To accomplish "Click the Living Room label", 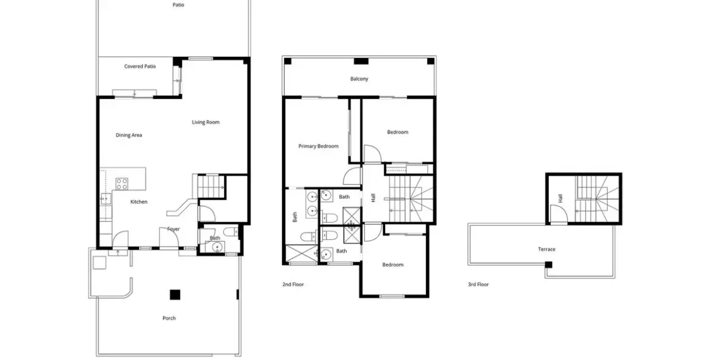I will click(x=206, y=122).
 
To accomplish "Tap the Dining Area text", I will click(x=129, y=135).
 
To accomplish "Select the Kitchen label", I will click(x=139, y=201).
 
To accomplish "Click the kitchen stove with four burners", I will click(x=122, y=182).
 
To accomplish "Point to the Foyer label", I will click(x=173, y=229).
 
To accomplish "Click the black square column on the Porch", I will click(x=175, y=295).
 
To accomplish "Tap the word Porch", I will click(x=169, y=318).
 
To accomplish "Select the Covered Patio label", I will click(x=140, y=66).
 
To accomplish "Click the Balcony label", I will click(x=359, y=79).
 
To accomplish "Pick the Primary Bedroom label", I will click(x=318, y=146).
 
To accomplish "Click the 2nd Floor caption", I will click(x=293, y=284).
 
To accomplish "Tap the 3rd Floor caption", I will click(x=478, y=284).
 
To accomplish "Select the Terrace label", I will click(x=546, y=249).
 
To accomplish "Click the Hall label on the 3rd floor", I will click(x=560, y=198).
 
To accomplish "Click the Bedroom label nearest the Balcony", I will click(x=397, y=132).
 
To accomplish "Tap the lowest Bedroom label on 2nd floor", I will click(x=392, y=264).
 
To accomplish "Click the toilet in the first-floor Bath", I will click(x=230, y=231).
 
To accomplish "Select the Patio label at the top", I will click(x=178, y=5).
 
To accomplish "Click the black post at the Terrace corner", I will click(x=549, y=264).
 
